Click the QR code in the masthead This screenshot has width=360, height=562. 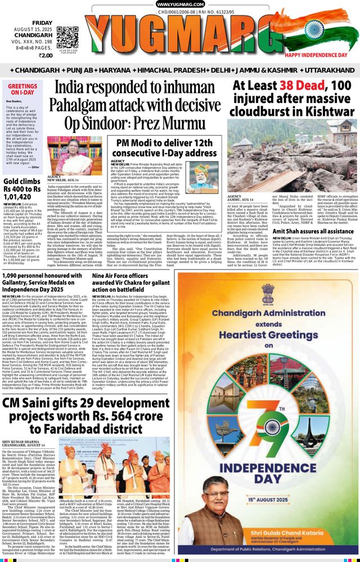(67, 35)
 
